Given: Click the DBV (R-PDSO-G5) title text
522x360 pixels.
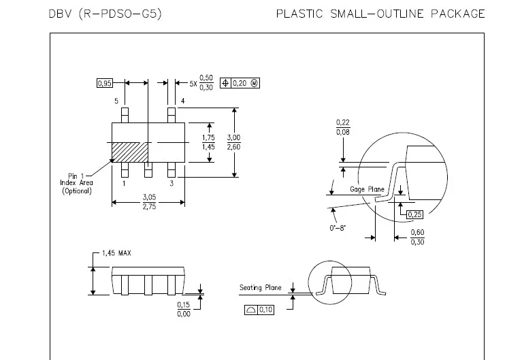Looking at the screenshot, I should coord(105,14).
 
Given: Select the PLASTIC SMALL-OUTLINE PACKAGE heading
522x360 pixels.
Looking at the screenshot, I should coord(380,14).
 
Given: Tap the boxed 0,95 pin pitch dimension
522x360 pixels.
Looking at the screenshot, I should coord(104,83).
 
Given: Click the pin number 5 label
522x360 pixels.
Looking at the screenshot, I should coord(116,101).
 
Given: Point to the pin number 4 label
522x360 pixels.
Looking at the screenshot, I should coord(182,101).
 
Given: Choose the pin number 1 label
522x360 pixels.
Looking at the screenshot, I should coord(123,183).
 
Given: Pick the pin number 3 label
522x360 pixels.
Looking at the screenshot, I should coord(172,183).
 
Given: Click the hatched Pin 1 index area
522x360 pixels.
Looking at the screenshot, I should coord(130,152).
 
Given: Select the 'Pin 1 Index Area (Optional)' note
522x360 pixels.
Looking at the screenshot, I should coord(76,183).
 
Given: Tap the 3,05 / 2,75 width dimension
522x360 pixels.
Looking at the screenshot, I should coord(148,201).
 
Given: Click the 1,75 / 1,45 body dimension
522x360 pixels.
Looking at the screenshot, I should coord(209,142).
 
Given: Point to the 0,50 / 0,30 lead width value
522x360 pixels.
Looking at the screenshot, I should coord(206,82).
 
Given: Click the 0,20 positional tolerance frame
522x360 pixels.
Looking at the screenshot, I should coord(240,83).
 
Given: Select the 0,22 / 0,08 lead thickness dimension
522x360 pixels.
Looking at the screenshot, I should coord(343,127).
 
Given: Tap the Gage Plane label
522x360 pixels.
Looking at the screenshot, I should coord(367,189).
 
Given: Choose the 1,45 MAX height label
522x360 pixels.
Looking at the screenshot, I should coord(116,253).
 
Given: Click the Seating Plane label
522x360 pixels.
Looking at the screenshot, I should coord(260,288).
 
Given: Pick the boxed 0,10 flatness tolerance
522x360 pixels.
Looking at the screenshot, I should coord(259,310).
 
